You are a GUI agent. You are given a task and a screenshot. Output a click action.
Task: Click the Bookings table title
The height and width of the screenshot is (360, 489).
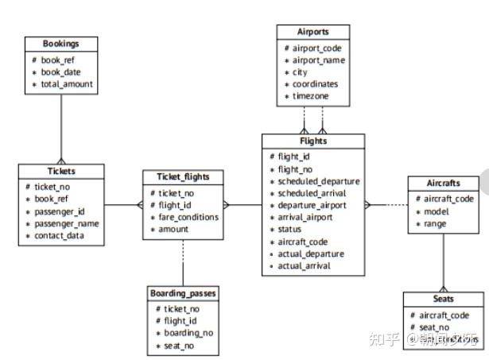[60, 43]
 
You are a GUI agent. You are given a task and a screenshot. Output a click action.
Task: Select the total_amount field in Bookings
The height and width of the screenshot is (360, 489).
[67, 83]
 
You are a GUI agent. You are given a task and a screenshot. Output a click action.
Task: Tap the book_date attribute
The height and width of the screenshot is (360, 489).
[62, 72]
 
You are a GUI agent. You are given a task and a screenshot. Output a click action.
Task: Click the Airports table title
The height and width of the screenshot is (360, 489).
[312, 32]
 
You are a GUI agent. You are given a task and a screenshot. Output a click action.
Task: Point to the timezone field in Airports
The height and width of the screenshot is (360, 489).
[311, 96]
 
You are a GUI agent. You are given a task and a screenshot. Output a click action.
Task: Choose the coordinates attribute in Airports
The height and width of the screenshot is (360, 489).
[316, 84]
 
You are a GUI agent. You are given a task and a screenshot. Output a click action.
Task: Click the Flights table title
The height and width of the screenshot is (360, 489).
[312, 141]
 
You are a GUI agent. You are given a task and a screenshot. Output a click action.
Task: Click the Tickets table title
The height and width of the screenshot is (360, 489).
[60, 171]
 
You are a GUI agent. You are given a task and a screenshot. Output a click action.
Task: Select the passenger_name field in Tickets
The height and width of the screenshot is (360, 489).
[67, 224]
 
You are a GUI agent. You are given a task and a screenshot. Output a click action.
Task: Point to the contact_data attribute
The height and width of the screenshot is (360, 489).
[60, 236]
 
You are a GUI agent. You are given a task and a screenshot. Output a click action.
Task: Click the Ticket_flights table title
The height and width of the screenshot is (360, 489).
[182, 176]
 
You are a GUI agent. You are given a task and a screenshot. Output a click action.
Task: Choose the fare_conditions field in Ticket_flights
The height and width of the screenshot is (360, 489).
[189, 217]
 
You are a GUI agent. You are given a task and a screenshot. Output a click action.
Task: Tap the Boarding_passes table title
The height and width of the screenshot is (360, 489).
[182, 293]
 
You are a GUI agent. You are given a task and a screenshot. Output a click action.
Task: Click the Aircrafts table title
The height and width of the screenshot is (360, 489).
[444, 183]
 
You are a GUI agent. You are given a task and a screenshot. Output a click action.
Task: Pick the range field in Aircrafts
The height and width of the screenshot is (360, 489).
[435, 224]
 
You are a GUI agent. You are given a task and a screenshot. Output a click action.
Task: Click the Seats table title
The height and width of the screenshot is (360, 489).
[444, 299]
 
